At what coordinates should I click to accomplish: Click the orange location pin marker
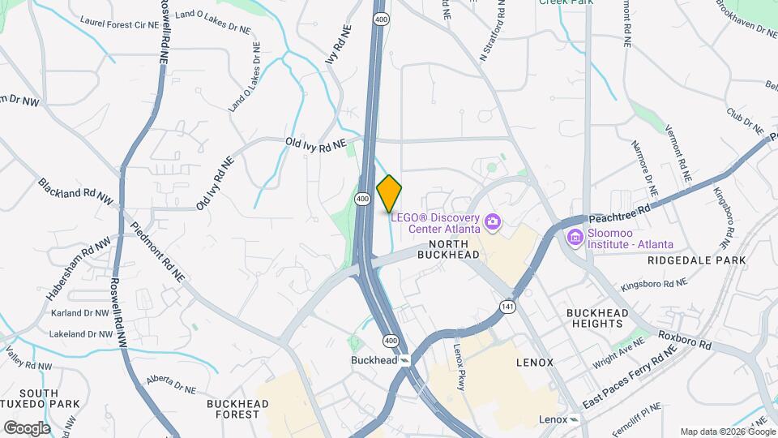[390, 193]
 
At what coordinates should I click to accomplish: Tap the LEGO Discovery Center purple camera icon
[491, 221]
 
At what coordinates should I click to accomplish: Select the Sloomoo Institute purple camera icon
[575, 237]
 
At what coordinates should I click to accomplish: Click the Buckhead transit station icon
[404, 360]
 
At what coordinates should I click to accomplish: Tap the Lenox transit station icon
[575, 419]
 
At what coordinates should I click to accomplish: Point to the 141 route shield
[507, 307]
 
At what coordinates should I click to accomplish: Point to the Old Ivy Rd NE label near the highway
[315, 144]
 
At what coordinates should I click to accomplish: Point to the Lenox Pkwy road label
[460, 365]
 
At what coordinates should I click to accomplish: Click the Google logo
[27, 427]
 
